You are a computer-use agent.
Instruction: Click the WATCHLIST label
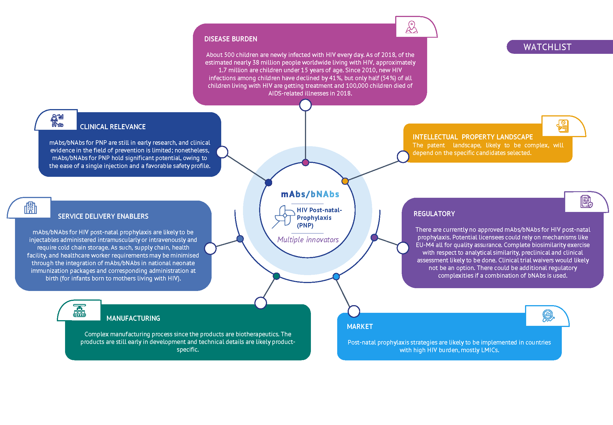tap(547, 47)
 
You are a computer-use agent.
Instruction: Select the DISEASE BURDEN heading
tap(231, 39)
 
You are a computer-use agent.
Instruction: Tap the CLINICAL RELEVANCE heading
tap(113, 127)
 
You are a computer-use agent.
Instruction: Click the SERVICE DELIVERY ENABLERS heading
tap(103, 216)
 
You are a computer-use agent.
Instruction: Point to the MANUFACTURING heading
tap(133, 318)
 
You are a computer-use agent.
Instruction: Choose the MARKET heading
tap(360, 327)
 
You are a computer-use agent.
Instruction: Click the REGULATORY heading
tap(434, 214)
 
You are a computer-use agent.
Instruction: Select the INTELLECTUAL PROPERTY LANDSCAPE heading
tap(472, 137)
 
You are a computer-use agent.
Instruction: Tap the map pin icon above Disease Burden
tap(412, 27)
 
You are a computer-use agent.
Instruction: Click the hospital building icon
tap(31, 208)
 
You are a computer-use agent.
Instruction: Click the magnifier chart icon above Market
tap(548, 316)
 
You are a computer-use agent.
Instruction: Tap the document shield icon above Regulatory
tap(586, 201)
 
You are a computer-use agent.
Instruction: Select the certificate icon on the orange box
tap(563, 126)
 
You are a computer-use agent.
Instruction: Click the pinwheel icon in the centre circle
tap(284, 216)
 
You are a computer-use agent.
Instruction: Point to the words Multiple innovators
tap(308, 240)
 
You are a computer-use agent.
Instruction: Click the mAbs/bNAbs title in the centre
tap(310, 194)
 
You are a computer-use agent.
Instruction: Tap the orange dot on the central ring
tap(345, 181)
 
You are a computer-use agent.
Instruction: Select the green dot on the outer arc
tap(276, 276)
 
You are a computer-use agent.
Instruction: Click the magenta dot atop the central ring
tap(305, 162)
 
